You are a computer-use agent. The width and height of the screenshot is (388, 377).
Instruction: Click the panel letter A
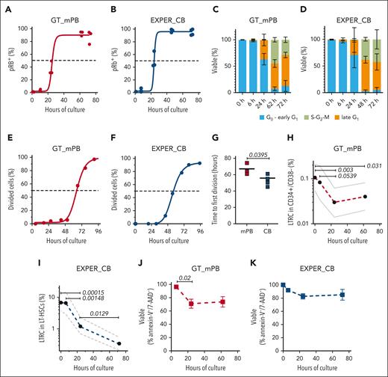4,6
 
